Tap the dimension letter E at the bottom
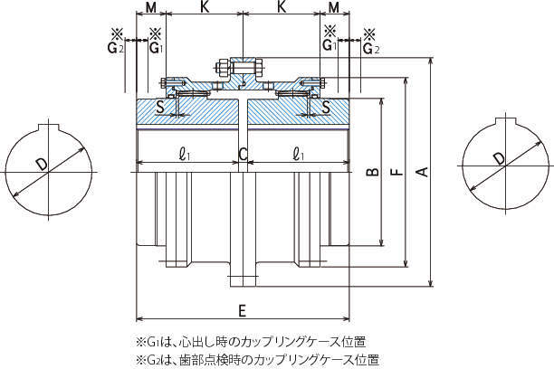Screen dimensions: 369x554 (242, 309)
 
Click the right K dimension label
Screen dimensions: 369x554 (282, 8)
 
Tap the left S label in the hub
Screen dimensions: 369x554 (160, 109)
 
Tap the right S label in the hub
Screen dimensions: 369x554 (326, 109)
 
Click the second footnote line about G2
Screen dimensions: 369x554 (257, 359)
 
